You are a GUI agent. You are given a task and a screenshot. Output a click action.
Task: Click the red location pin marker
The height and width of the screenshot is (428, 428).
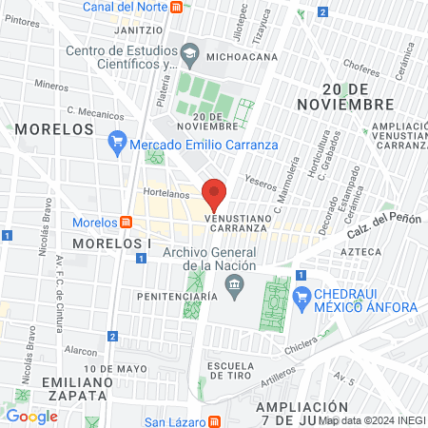click(x=215, y=193)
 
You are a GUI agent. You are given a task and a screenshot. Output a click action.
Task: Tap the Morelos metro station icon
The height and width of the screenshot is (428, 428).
click(x=126, y=223)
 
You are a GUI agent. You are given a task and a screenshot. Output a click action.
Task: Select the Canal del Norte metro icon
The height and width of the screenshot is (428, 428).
click(x=177, y=7)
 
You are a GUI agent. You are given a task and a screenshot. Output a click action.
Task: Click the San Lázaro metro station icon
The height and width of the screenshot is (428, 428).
click(x=215, y=421)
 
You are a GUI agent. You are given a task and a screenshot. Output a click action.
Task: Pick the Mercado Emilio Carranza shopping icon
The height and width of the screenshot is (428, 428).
click(x=117, y=145)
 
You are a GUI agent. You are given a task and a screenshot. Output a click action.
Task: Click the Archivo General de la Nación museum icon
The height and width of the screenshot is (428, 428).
click(x=237, y=284)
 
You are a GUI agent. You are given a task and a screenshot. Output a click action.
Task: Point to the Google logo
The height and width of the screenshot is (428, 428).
click(x=31, y=416)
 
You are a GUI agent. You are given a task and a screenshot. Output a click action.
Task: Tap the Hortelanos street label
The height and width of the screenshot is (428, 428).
click(x=161, y=192)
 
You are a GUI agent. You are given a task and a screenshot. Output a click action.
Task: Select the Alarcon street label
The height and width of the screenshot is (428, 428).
click(x=82, y=349)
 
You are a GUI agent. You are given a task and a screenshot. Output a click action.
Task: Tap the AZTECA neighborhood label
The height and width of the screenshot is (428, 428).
click(x=360, y=251)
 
